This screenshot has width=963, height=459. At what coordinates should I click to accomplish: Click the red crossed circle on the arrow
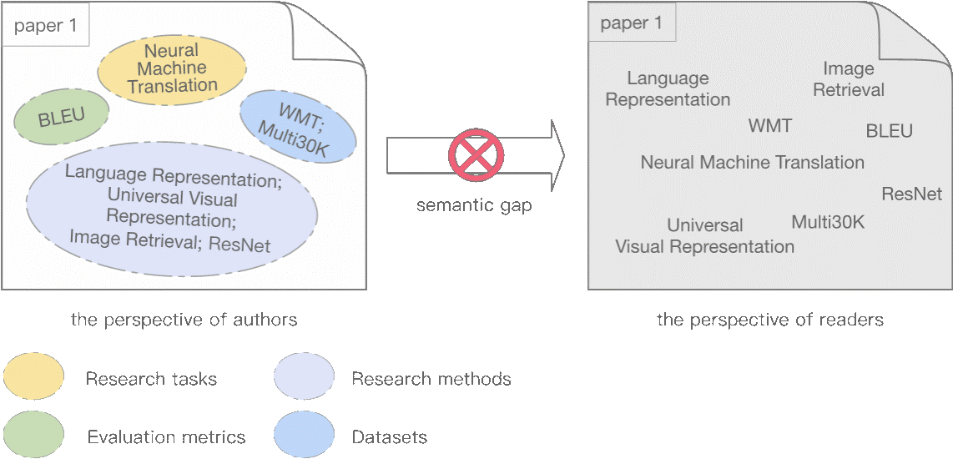476,154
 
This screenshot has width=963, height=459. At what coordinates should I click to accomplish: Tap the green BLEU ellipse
62,117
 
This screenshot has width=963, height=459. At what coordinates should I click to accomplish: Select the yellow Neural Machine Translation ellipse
173,68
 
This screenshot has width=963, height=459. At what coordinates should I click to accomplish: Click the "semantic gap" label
474,205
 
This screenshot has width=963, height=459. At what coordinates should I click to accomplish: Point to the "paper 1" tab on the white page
47,27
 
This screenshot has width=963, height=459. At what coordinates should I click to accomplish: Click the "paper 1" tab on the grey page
632,24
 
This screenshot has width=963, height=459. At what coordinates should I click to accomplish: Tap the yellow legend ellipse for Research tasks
33,377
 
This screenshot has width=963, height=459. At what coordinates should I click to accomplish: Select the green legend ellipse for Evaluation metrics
33,436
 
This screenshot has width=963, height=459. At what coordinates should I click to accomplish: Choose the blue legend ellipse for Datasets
304,436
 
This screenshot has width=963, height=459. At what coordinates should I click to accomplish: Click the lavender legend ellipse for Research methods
304,377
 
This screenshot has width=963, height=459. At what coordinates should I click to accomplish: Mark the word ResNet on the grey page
911,194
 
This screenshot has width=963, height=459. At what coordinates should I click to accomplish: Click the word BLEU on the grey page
890,131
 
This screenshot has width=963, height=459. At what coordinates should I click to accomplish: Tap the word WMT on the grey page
770,125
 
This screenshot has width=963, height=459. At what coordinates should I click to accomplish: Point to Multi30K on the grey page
828,222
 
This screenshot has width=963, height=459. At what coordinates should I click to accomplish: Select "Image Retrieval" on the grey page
849,79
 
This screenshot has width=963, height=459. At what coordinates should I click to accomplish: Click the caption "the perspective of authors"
184,320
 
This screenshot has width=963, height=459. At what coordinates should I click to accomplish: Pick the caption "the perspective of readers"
770,320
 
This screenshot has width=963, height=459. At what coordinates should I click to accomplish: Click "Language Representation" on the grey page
668,88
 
